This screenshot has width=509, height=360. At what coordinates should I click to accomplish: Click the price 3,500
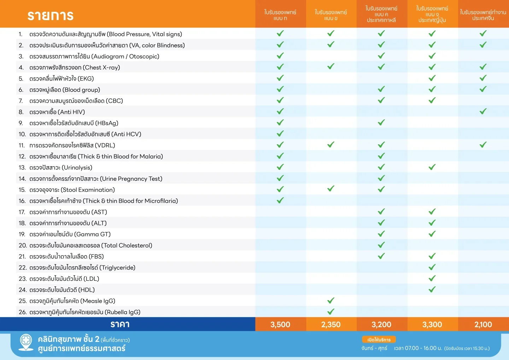pyautogui.click(x=280, y=324)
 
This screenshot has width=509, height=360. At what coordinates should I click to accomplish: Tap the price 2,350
pyautogui.click(x=331, y=324)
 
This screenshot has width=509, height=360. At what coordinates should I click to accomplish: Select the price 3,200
pyautogui.click(x=381, y=324)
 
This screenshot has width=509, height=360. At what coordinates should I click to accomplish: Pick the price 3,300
pyautogui.click(x=432, y=324)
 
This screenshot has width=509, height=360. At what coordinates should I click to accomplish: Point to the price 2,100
pyautogui.click(x=483, y=324)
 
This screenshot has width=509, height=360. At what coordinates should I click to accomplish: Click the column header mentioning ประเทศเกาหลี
pyautogui.click(x=381, y=14)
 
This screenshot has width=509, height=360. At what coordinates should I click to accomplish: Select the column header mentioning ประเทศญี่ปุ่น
pyautogui.click(x=432, y=14)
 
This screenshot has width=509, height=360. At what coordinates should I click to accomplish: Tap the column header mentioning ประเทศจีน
pyautogui.click(x=483, y=15)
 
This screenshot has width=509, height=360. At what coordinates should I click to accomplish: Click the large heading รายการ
pyautogui.click(x=51, y=16)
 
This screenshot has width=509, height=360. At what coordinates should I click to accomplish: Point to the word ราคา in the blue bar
pyautogui.click(x=120, y=324)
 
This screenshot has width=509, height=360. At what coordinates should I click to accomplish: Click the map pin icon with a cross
pyautogui.click(x=26, y=342)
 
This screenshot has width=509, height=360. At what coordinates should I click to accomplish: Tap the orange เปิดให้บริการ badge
pyautogui.click(x=379, y=339)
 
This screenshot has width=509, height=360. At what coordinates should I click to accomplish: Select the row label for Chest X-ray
pyautogui.click(x=75, y=68)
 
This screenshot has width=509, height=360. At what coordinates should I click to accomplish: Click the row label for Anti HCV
pyautogui.click(x=85, y=134)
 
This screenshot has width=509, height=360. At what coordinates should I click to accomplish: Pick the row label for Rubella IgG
pyautogui.click(x=85, y=312)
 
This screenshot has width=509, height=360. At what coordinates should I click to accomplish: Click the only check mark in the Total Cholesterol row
pyautogui.click(x=381, y=245)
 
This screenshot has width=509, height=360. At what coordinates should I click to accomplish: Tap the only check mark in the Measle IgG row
pyautogui.click(x=331, y=301)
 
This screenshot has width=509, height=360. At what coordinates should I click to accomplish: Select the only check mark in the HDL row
pyautogui.click(x=432, y=289)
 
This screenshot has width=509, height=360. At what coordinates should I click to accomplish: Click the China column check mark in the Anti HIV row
pyautogui.click(x=483, y=111)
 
